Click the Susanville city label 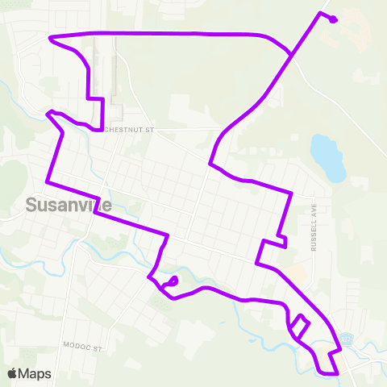coord(68,206)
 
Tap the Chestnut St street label coord(130,128)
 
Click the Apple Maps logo coord(29,373)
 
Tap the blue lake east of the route coord(328,157)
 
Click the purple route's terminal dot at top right coord(334,20)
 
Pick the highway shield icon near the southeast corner coord(347,339)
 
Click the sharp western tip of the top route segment coord(51,38)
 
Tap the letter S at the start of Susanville coord(31,206)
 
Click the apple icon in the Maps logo coord(13,373)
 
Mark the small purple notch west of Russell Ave coord(281,239)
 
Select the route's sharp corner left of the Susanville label coord(47,180)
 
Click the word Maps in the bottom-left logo coord(37,373)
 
